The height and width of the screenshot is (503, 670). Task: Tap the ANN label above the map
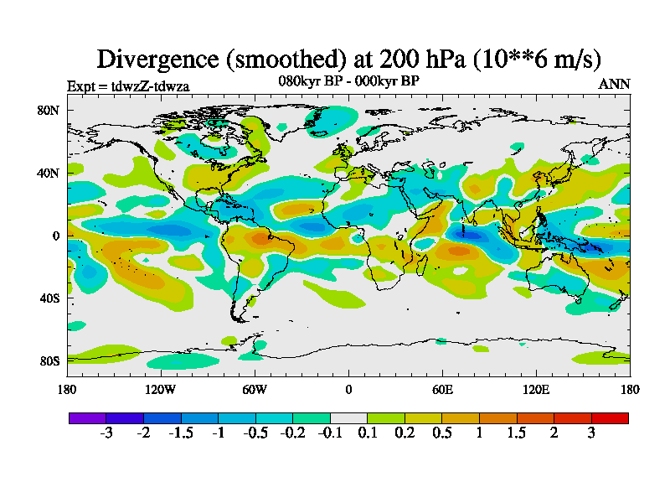point(614,84)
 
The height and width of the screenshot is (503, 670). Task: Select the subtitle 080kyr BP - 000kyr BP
point(348,80)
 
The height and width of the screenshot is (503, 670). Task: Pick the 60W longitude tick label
point(255,389)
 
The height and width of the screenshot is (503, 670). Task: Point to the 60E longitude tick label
point(442,389)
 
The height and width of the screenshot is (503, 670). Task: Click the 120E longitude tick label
point(536,389)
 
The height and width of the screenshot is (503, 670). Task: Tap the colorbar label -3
point(106,433)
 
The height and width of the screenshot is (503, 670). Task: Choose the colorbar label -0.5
point(255,433)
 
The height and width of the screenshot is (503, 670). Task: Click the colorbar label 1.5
point(517,433)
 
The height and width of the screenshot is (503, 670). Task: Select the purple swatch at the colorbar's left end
point(87,417)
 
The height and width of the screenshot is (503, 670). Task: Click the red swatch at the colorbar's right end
point(610,417)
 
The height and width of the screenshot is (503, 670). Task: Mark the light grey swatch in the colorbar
point(348,417)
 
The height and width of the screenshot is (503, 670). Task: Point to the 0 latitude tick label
point(54,236)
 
